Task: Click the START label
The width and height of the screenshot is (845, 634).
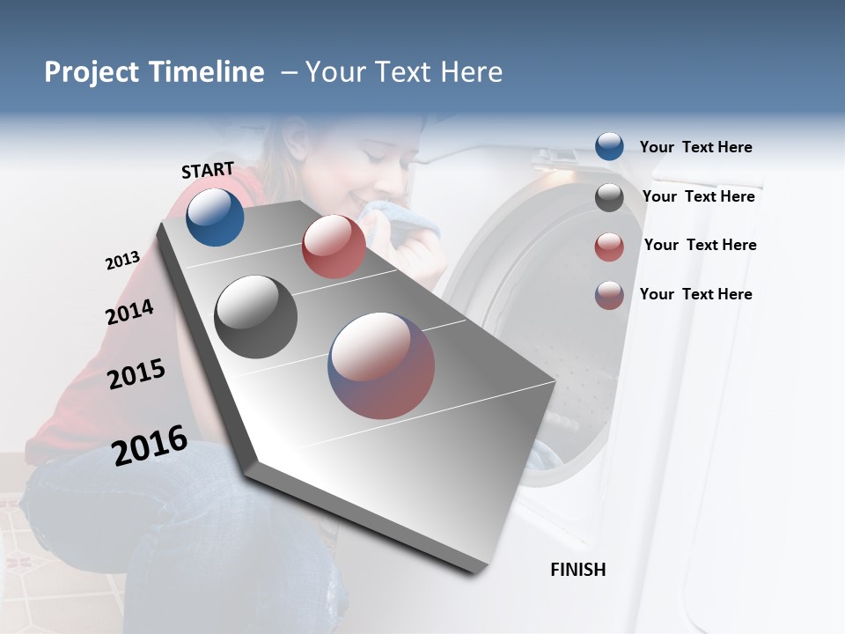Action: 208,170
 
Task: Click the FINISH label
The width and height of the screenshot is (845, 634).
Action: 578,570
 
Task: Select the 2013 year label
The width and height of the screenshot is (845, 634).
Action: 122,261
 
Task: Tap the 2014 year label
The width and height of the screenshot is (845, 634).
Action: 129,312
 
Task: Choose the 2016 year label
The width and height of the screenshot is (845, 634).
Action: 150,445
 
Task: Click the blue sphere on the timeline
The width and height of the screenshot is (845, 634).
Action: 215,217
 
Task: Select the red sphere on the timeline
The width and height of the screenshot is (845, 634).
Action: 334,247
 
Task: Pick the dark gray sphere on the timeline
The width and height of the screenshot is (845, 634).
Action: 256,317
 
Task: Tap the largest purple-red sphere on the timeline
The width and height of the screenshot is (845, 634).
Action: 381,365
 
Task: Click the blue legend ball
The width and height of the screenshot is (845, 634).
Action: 609,146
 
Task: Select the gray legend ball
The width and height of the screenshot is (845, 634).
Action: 609,197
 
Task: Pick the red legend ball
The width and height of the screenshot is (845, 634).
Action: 609,247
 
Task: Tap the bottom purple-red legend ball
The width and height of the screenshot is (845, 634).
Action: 609,295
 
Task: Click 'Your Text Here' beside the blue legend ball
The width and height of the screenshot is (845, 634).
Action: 695,147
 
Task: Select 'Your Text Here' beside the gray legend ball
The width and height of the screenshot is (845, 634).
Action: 698,196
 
